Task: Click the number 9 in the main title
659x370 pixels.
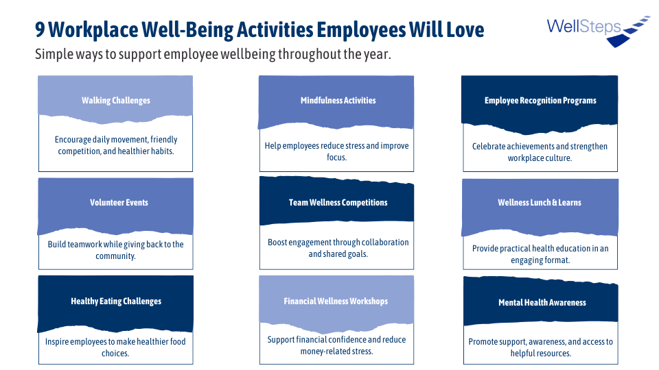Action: click(40, 29)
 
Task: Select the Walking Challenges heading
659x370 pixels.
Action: click(116, 100)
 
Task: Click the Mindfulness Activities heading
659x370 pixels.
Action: click(338, 100)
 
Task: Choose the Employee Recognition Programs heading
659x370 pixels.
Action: click(540, 100)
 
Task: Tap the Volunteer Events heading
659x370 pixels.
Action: click(119, 202)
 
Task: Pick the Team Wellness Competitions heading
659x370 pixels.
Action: click(338, 202)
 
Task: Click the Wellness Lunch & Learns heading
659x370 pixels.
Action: click(540, 202)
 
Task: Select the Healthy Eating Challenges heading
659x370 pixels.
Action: click(116, 301)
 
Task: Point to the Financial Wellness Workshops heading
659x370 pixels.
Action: click(336, 301)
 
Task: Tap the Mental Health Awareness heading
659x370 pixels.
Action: click(542, 302)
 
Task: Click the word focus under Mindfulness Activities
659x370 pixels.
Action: click(336, 158)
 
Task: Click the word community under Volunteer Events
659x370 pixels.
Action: click(115, 256)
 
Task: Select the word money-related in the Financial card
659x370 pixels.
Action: click(321, 351)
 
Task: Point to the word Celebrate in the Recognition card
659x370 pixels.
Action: click(489, 147)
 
